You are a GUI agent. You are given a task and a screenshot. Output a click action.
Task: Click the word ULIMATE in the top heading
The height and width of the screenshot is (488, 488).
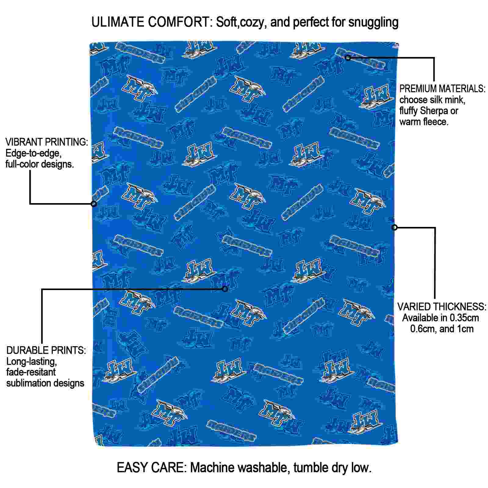point(118,22)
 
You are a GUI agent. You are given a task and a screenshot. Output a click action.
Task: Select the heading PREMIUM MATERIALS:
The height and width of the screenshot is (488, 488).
point(442,89)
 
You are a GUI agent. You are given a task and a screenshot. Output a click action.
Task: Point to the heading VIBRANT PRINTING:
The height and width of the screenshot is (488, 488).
point(47,142)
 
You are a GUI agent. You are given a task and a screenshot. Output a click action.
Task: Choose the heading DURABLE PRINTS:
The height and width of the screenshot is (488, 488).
point(46,350)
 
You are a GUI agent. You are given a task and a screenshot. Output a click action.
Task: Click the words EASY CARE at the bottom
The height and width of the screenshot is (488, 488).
point(151,468)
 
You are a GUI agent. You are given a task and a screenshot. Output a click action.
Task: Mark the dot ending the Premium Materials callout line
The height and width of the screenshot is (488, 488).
point(348,57)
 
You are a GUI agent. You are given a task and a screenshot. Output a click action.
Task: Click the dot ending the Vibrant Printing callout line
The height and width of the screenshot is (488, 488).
point(94,204)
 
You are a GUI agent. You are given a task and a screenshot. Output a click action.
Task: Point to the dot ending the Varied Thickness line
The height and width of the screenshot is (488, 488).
point(394,227)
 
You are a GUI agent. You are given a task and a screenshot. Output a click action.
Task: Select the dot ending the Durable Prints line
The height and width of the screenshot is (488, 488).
point(225,289)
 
